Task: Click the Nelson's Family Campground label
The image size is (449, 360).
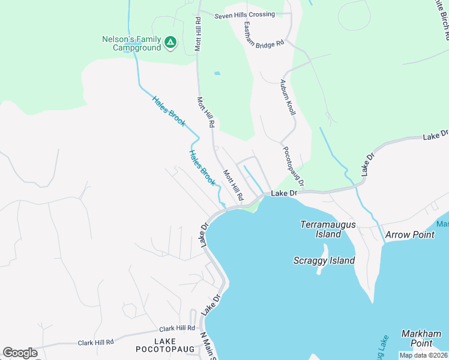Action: pyautogui.click(x=131, y=43)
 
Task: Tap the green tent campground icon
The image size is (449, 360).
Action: pyautogui.click(x=170, y=42)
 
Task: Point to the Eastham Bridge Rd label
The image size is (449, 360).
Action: pyautogui.click(x=264, y=36)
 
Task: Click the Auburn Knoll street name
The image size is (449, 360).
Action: pyautogui.click(x=288, y=99)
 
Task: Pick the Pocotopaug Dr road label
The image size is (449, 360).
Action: pyautogui.click(x=294, y=166)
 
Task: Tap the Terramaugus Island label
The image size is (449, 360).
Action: pyautogui.click(x=328, y=229)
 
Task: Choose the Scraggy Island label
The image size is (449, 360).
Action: pyautogui.click(x=324, y=260)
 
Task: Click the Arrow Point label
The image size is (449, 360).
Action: pyautogui.click(x=409, y=235)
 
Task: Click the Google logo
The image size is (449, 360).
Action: pyautogui.click(x=20, y=353)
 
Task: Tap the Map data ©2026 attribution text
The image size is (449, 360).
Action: pyautogui.click(x=423, y=355)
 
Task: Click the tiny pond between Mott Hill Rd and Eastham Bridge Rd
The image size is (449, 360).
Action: pyautogui.click(x=217, y=74)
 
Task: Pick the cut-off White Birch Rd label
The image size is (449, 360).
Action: pyautogui.click(x=440, y=18)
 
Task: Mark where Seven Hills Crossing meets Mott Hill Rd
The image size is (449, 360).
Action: pyautogui.click(x=199, y=11)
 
